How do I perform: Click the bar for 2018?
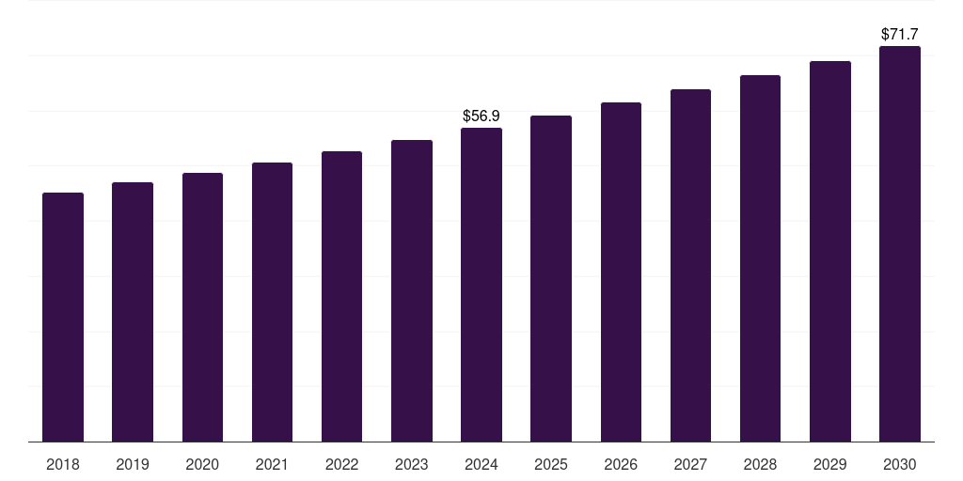[x=63, y=318]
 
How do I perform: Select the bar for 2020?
[x=203, y=307]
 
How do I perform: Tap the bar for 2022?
[x=341, y=296]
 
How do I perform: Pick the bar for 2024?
[x=481, y=285]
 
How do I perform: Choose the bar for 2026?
[x=621, y=272]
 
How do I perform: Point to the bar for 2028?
[x=760, y=258]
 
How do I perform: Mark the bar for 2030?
[x=900, y=243]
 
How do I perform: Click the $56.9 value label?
[x=481, y=116]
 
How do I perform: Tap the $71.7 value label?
[x=900, y=35]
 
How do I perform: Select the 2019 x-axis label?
[x=133, y=464]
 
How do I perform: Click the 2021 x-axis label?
[x=272, y=464]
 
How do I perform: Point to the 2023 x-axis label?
[x=412, y=464]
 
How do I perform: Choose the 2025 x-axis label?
[x=551, y=464]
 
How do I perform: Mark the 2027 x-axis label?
[x=690, y=464]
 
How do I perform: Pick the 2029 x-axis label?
[x=829, y=464]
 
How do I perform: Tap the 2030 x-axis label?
[x=900, y=464]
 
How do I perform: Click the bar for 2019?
[x=133, y=312]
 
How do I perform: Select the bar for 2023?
[x=412, y=291]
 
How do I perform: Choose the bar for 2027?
[x=690, y=266]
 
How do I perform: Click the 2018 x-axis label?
[x=63, y=464]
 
